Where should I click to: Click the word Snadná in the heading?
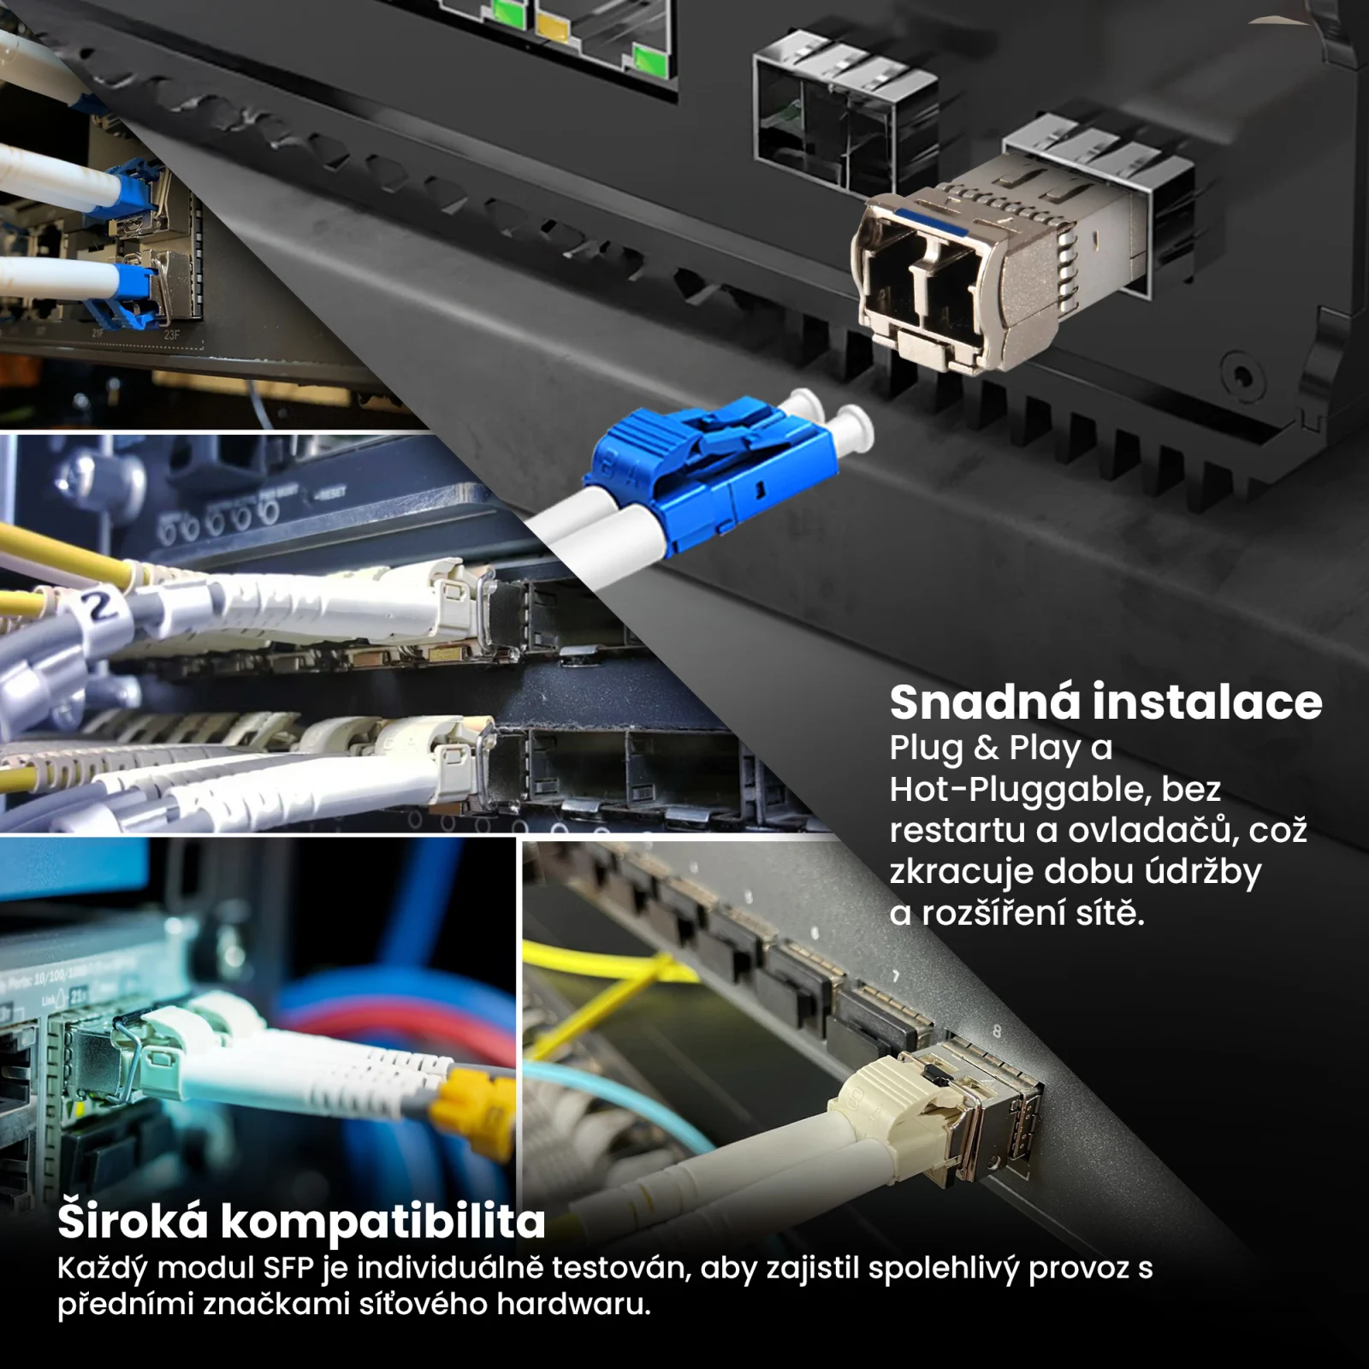[x=985, y=702]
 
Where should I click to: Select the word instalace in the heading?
[x=1207, y=702]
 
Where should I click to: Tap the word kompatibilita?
[x=382, y=1222]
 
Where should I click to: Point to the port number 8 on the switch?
[x=996, y=1031]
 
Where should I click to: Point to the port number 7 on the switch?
[x=896, y=976]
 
